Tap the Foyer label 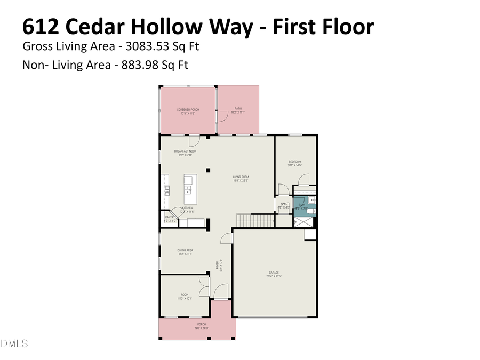pos(218,265)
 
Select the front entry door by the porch pos(219,291)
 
